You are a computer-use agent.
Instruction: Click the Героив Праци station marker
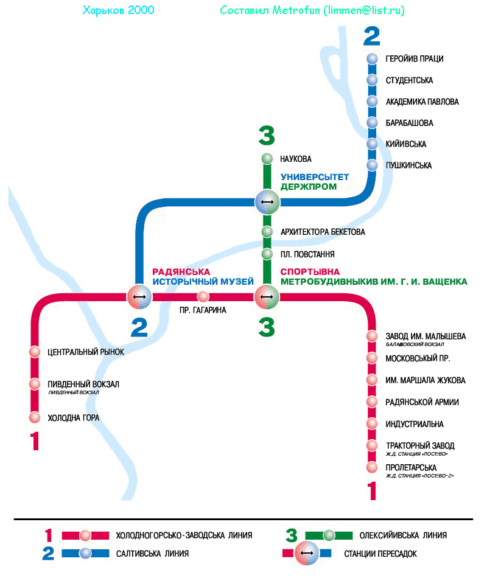click(x=373, y=59)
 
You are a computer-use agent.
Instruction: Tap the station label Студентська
click(x=409, y=80)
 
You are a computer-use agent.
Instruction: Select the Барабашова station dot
click(x=373, y=123)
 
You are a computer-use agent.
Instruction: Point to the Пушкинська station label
click(x=408, y=165)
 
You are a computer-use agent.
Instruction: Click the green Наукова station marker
click(x=267, y=159)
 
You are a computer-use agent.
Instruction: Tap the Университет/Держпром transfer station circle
click(x=267, y=201)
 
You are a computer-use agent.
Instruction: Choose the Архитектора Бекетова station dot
click(x=267, y=232)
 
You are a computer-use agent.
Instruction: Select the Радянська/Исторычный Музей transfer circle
click(x=139, y=297)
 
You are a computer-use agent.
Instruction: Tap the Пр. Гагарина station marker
click(x=203, y=297)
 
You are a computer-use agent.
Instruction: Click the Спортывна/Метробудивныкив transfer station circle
click(x=267, y=297)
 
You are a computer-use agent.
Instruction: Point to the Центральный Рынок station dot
click(x=35, y=352)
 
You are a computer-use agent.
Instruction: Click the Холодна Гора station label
click(x=73, y=418)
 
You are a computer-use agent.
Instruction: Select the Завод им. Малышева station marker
click(x=372, y=336)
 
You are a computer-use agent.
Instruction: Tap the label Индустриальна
click(x=414, y=424)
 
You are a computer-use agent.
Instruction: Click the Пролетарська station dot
click(x=372, y=467)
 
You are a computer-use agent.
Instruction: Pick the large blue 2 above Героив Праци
click(x=372, y=36)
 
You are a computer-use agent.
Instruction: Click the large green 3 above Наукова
click(x=267, y=136)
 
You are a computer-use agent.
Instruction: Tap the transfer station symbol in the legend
click(x=307, y=553)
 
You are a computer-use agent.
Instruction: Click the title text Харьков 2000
click(x=117, y=11)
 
